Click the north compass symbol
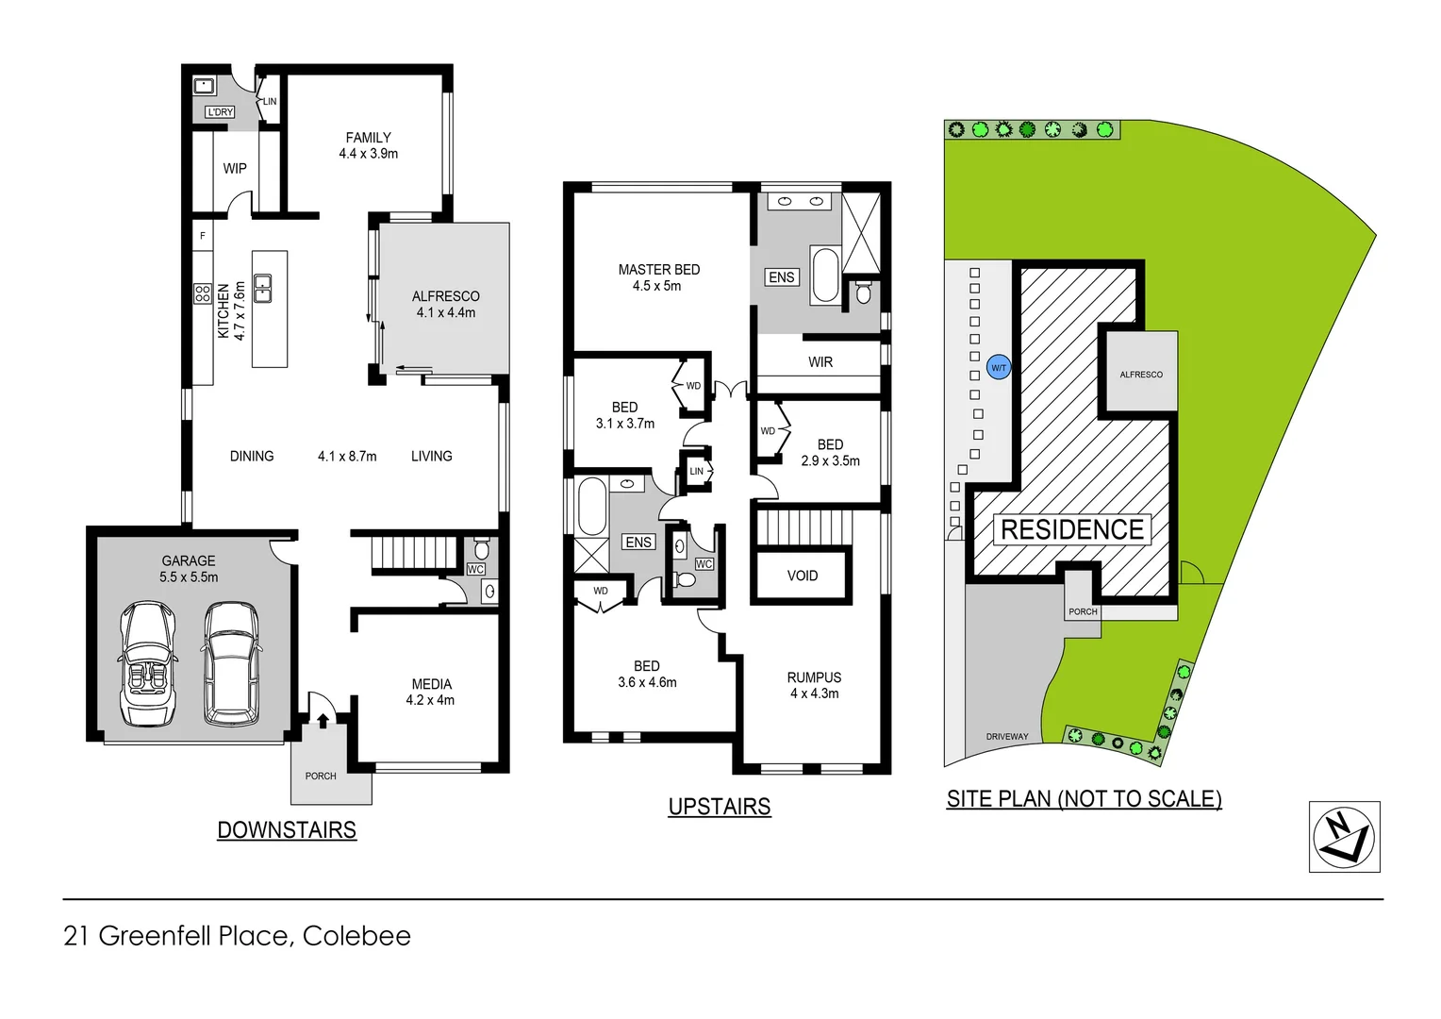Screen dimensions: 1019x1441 [x=1344, y=837]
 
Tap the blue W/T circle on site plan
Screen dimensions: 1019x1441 [x=999, y=367]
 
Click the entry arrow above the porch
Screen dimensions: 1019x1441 [x=323, y=721]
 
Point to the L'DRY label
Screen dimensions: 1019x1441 [x=220, y=112]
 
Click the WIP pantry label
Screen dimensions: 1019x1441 [x=235, y=169]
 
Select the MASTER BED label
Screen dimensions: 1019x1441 [x=658, y=270]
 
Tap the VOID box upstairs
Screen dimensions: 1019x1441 [x=803, y=576]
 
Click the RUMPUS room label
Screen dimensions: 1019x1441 [x=814, y=677]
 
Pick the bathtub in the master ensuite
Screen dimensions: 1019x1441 [x=825, y=275]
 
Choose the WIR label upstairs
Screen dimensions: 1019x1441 [x=820, y=362]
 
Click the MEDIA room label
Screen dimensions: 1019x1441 [x=431, y=684]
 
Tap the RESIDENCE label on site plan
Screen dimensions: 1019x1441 [x=1072, y=529]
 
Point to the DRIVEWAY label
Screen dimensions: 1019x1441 [x=1007, y=737]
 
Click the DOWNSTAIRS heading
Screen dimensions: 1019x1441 [x=287, y=830]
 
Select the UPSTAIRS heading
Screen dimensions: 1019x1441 [x=720, y=807]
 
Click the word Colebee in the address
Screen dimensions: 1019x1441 [x=356, y=936]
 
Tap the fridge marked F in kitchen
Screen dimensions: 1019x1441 [x=203, y=236]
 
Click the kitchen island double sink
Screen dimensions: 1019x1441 [x=263, y=289]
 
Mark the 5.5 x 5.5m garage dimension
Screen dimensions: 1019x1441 [x=189, y=577]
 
